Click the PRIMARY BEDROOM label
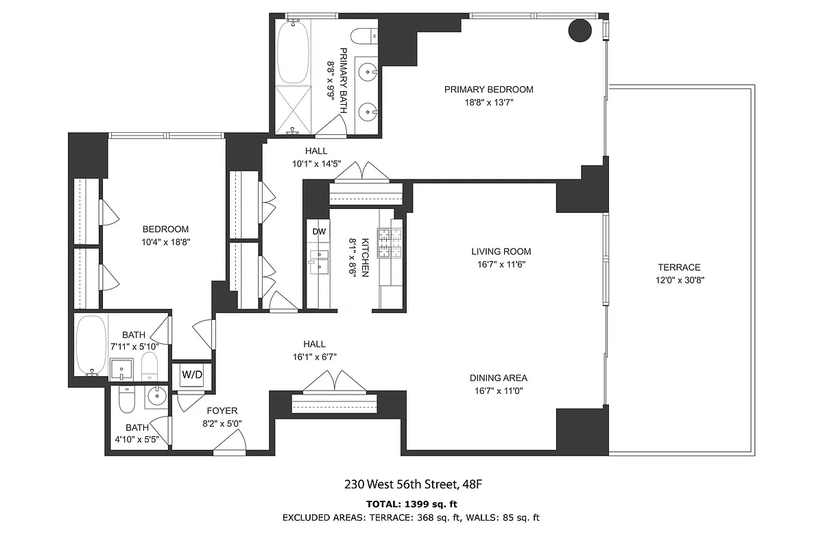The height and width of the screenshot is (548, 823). (488, 89)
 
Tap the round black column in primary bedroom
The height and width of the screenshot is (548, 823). (580, 30)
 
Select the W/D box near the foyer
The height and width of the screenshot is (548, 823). (191, 375)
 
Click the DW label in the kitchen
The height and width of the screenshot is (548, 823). (319, 232)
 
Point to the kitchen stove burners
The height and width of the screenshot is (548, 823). (390, 242)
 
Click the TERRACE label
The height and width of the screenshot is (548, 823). (679, 267)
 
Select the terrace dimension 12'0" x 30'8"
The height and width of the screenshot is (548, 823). (679, 279)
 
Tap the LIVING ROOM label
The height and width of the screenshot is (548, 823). (501, 251)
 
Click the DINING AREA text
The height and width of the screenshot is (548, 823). (499, 378)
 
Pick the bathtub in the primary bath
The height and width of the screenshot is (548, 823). (294, 51)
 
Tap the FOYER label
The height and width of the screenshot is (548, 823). (223, 411)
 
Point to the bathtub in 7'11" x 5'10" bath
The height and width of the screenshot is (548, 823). (91, 346)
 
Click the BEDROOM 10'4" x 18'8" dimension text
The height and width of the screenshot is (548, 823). (165, 241)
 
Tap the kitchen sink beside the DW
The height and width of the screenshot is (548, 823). (319, 259)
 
